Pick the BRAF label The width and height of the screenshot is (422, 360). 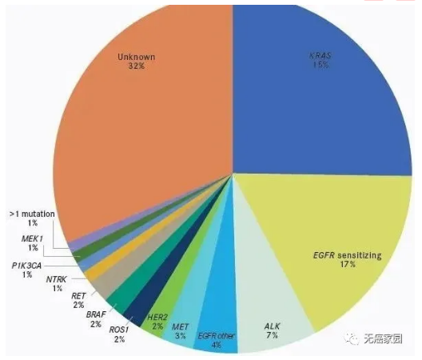[97, 314]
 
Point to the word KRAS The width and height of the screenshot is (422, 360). [321, 56]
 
